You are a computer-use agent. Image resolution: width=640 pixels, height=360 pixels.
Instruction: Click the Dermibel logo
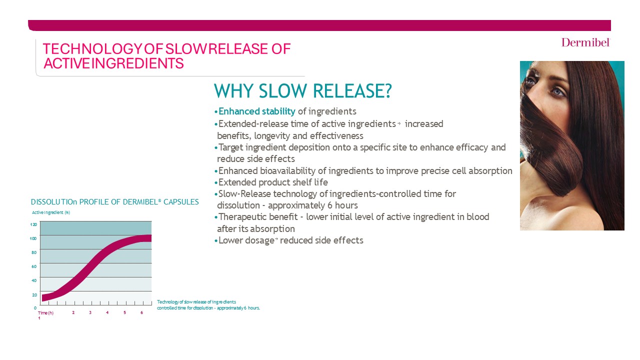click(x=585, y=42)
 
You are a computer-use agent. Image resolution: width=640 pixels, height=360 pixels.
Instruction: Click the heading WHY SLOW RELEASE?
click(x=302, y=91)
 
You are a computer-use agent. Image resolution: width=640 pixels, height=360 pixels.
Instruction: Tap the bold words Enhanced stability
click(x=257, y=111)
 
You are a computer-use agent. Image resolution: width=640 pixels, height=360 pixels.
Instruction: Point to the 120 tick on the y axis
click(x=33, y=225)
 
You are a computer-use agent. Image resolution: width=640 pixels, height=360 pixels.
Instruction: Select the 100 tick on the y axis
click(x=33, y=238)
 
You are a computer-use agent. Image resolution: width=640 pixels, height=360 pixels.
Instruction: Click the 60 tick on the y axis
click(x=34, y=266)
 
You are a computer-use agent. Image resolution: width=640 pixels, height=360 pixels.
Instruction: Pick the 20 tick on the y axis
click(x=34, y=294)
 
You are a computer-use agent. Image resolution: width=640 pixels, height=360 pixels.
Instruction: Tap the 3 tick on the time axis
click(x=90, y=313)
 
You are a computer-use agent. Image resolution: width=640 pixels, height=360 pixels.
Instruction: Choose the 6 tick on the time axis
click(x=141, y=313)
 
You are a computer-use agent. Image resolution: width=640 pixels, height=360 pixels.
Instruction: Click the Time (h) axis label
click(x=45, y=313)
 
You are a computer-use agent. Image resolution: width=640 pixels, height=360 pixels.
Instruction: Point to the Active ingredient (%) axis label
click(x=51, y=212)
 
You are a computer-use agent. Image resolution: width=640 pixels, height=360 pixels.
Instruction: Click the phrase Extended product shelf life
click(x=273, y=182)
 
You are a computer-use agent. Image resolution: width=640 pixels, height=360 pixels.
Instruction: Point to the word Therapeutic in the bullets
click(x=241, y=217)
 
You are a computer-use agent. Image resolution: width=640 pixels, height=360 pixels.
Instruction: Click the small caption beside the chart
click(x=208, y=305)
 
